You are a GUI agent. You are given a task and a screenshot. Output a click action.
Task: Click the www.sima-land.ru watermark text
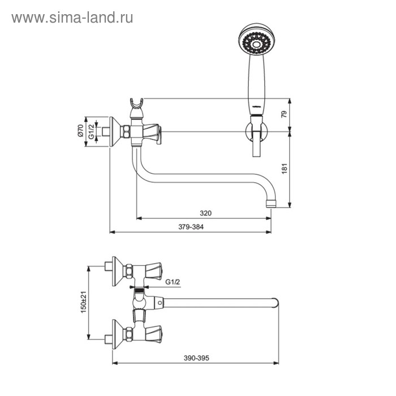point(72,18)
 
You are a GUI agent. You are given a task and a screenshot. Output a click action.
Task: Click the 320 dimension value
point(205,213)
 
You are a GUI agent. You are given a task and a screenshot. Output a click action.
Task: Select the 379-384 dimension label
point(191,227)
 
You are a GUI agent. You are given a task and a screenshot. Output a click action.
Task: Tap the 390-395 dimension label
point(196,358)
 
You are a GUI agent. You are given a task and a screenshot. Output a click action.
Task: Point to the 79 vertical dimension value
point(285,114)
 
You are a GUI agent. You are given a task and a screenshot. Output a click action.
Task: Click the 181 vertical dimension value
point(285,169)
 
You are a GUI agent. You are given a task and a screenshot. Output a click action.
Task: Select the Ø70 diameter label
point(80,131)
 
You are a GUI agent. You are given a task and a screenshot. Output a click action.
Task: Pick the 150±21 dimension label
point(84,302)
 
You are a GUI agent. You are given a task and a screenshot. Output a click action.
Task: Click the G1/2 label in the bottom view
point(173,282)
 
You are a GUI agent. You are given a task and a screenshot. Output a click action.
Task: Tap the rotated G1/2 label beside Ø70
point(91,131)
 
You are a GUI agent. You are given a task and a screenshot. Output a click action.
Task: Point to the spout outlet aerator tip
point(272,204)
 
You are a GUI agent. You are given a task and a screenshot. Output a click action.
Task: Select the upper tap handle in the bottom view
point(154,271)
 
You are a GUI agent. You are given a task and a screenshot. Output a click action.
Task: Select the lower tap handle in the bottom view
point(154,334)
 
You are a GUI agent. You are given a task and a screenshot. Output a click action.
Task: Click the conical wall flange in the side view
point(115,132)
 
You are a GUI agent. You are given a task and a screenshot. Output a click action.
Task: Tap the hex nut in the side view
point(127,132)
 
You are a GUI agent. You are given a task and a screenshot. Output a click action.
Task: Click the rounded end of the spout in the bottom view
point(275,303)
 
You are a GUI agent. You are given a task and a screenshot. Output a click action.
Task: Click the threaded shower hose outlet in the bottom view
point(139,290)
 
